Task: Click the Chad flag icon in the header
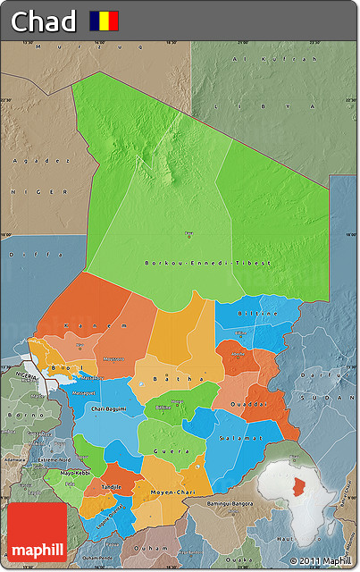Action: [x=104, y=21]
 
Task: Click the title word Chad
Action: [x=43, y=21]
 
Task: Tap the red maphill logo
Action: [x=37, y=533]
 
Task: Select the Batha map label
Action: [x=167, y=379]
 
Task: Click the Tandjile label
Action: [x=113, y=485]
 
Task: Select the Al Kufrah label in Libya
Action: [x=275, y=58]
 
